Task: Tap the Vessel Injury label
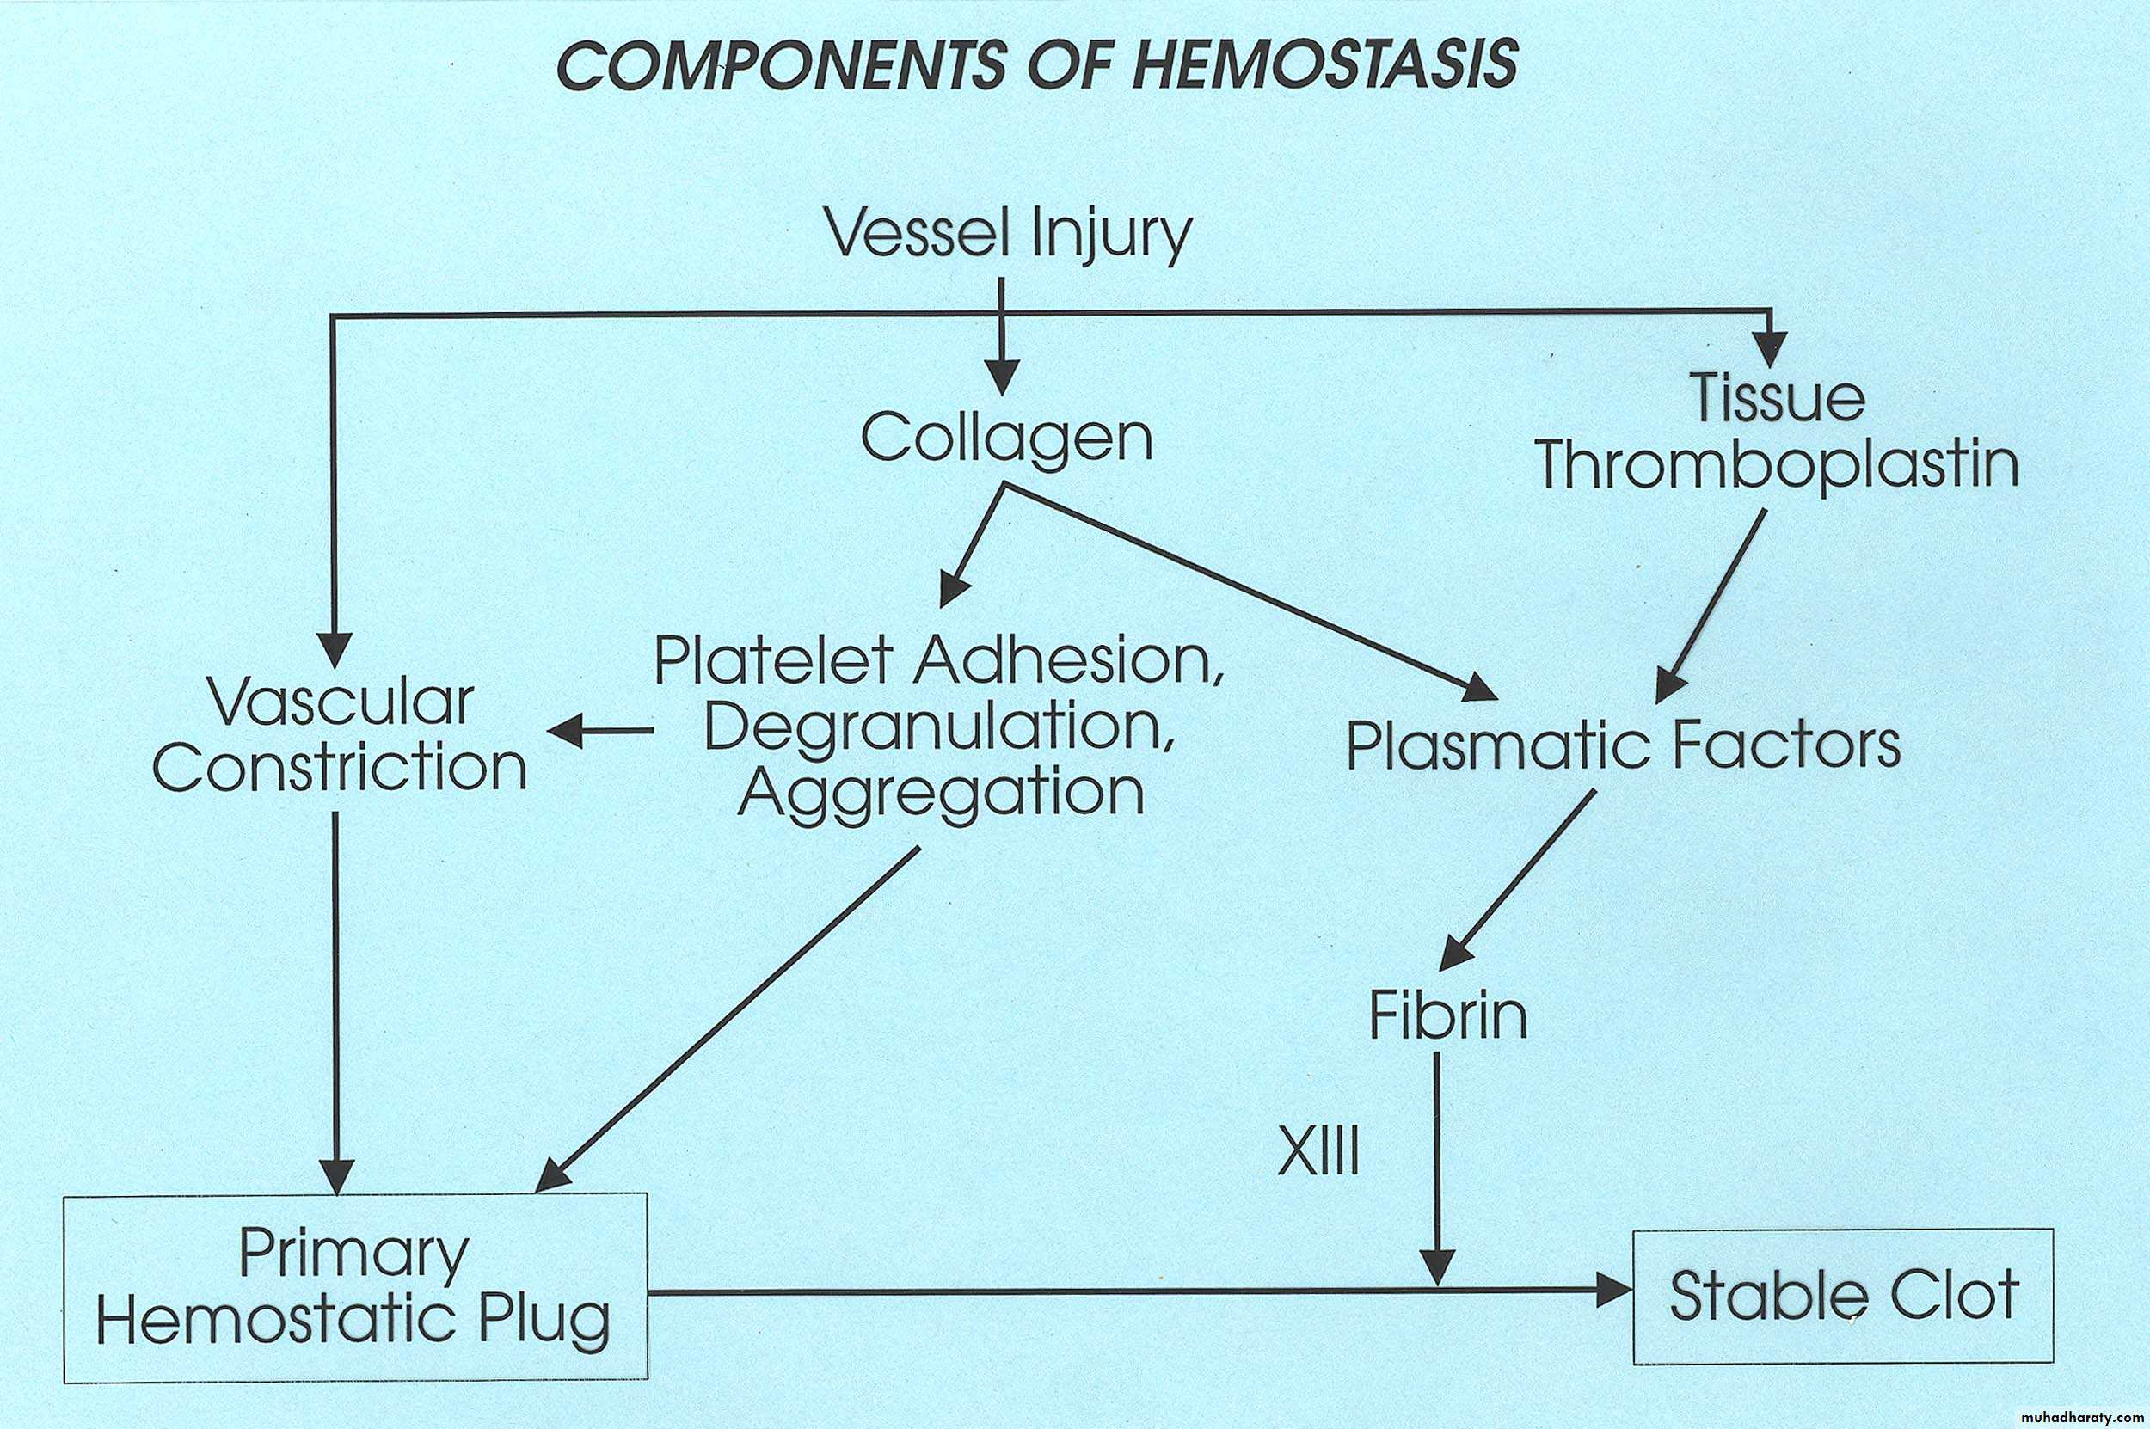(1007, 233)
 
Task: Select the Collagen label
(1007, 439)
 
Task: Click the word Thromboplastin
(1778, 465)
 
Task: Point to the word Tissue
(1778, 398)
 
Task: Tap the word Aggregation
(941, 793)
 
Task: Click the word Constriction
(339, 767)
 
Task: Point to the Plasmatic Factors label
(1623, 745)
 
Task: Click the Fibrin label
(1449, 1016)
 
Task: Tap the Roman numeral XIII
(1318, 1152)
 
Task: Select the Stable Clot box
(1843, 1295)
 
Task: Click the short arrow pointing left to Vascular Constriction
(601, 731)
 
